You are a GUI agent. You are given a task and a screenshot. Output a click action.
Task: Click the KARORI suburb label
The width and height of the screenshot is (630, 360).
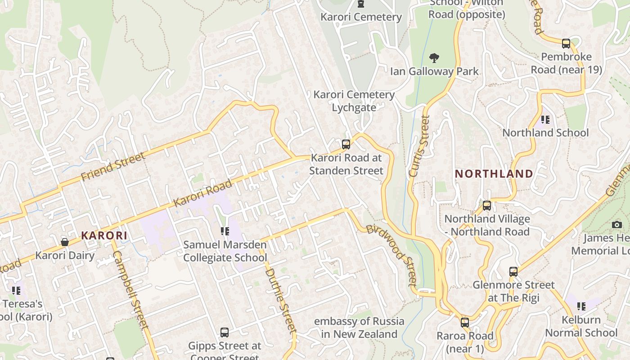(x=104, y=235)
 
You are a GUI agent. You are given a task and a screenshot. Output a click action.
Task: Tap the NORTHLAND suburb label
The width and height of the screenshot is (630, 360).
(x=494, y=174)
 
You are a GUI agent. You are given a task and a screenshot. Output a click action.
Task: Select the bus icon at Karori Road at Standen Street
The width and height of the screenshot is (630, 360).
(x=346, y=144)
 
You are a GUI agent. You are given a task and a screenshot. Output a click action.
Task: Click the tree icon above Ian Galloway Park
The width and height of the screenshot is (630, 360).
(x=434, y=58)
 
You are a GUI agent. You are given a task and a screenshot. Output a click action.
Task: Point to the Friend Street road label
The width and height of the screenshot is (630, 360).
(x=113, y=166)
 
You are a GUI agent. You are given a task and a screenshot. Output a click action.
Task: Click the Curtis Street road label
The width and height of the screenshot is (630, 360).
(x=419, y=146)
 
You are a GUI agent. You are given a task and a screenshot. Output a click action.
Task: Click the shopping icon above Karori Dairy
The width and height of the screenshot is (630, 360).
(x=65, y=242)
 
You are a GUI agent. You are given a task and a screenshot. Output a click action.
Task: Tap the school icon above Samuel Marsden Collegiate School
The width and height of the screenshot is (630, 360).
(x=225, y=231)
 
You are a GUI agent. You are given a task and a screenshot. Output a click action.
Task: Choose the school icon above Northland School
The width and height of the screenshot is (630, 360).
(x=545, y=119)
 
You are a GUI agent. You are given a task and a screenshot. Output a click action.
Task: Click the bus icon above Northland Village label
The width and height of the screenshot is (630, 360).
(x=486, y=206)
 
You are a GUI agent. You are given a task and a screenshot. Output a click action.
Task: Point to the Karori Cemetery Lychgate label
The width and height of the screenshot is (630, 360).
(x=354, y=101)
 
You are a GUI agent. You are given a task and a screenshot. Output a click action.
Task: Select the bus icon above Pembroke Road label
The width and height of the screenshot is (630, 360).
(x=566, y=44)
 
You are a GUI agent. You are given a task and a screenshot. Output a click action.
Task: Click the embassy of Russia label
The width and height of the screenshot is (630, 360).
(x=359, y=328)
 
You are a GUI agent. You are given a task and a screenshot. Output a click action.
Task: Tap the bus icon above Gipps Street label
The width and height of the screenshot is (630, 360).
(x=224, y=333)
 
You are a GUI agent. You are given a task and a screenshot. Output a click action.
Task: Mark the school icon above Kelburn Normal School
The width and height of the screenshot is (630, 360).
(x=581, y=306)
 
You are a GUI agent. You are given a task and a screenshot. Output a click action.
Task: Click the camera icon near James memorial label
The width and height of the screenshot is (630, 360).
(x=616, y=225)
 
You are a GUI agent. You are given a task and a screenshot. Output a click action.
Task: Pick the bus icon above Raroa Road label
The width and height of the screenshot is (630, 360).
(x=464, y=323)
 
